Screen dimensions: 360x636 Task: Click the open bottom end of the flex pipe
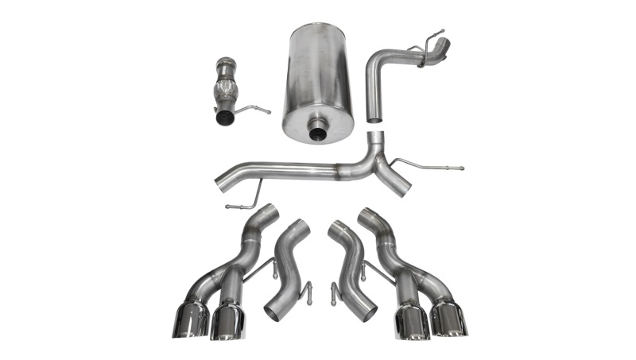pos(225,118)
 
